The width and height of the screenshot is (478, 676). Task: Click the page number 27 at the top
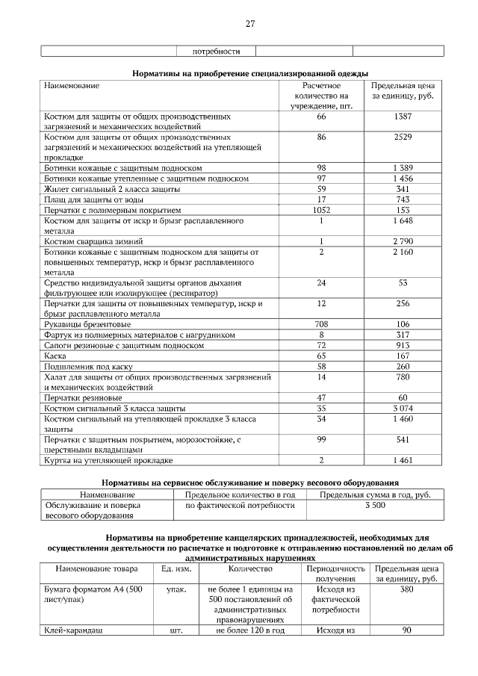click(250, 24)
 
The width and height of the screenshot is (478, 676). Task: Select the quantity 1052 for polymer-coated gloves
click(321, 211)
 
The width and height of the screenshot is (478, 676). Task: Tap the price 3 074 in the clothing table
click(403, 409)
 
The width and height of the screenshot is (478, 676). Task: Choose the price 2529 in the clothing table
click(403, 138)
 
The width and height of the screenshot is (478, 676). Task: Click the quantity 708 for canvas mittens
click(321, 325)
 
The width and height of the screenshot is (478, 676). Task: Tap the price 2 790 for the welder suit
click(403, 242)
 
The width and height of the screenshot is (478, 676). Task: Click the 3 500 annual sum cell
click(376, 506)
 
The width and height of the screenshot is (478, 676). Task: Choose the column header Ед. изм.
click(176, 569)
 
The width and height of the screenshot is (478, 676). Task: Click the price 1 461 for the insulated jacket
click(403, 460)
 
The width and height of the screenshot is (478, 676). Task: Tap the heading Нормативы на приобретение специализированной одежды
click(250, 73)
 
